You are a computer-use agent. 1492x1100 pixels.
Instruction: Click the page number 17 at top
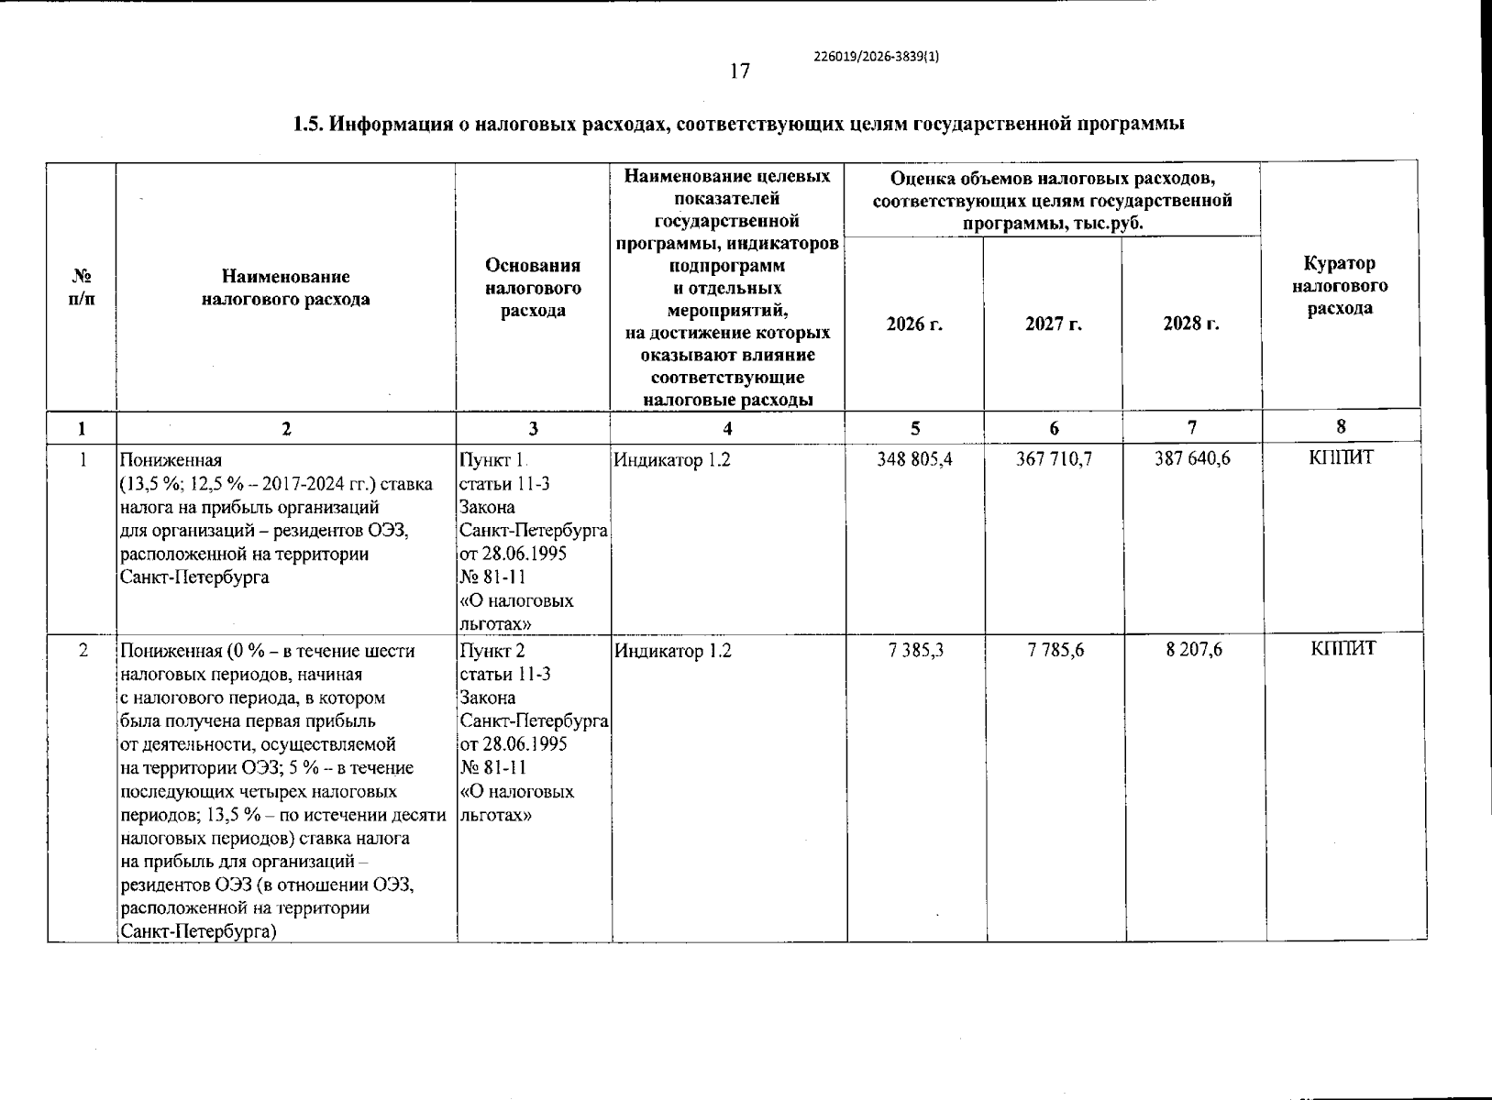(740, 71)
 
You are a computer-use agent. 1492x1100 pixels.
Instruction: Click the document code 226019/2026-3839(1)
(876, 55)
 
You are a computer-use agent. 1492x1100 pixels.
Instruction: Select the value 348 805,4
(914, 458)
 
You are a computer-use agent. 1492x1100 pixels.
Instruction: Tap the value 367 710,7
(1054, 458)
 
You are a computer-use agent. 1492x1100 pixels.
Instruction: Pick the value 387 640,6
(1191, 458)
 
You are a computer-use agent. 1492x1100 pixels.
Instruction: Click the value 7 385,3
(916, 650)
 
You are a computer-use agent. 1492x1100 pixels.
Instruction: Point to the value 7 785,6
(1055, 650)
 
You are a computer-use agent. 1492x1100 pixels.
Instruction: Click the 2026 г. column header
(914, 324)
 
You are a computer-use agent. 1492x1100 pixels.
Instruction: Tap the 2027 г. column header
(1054, 324)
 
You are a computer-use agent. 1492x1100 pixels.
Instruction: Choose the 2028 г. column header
(1191, 324)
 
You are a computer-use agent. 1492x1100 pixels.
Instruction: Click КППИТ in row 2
(1343, 650)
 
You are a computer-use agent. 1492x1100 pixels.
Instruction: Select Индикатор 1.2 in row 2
(672, 651)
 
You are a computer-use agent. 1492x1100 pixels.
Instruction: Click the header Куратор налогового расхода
(1340, 286)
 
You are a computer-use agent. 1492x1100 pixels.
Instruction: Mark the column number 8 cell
(1341, 426)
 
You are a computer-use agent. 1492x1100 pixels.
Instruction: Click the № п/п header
(82, 287)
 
